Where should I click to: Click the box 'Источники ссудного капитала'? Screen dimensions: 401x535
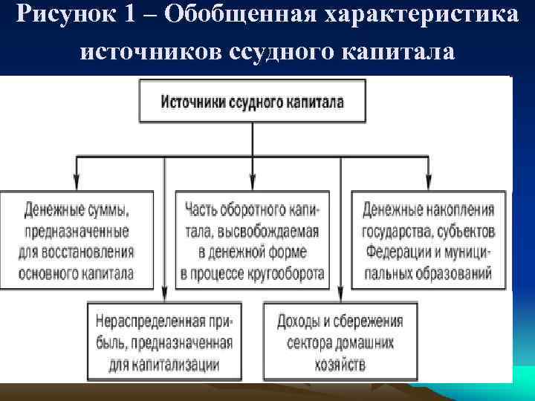253,102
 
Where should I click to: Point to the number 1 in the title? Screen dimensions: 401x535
123,16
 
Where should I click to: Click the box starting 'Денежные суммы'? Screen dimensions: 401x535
77,239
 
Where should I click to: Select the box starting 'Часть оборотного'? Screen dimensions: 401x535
252,239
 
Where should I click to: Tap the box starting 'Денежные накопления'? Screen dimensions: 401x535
429,239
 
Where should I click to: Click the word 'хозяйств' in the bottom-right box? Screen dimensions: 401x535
340,365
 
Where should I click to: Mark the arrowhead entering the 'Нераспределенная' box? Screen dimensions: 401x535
163,294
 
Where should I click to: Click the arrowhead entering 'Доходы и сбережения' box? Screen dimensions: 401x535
340,294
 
